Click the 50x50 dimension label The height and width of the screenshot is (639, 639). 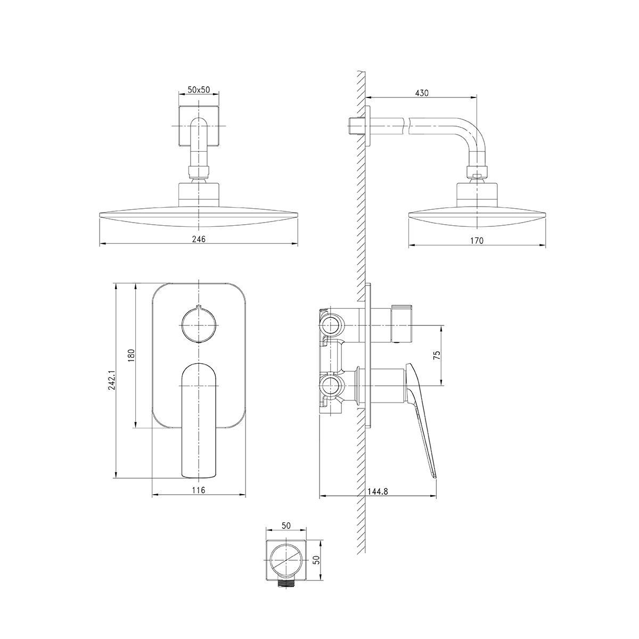[x=199, y=89]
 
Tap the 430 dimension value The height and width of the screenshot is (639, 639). [x=422, y=93]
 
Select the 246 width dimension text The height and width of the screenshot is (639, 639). [x=199, y=239]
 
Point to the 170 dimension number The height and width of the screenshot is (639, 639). [x=477, y=240]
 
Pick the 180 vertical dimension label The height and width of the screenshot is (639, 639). [x=132, y=355]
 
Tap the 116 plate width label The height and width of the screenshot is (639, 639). [x=199, y=489]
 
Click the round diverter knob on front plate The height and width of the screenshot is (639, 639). [x=198, y=324]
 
